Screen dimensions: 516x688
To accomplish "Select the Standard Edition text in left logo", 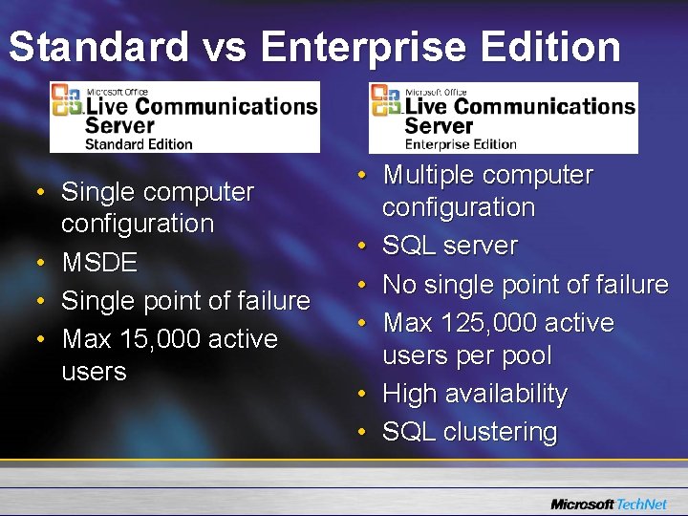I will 139,143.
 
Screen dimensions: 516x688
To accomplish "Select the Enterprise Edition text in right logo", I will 461,144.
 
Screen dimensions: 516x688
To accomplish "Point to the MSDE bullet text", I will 99,263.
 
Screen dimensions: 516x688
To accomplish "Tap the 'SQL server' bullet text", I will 450,246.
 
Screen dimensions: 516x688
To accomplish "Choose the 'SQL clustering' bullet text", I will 469,432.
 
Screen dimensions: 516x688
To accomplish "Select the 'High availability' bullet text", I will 475,394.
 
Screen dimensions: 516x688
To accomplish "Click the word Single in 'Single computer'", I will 96,192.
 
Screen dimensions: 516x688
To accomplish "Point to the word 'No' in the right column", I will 398,285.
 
